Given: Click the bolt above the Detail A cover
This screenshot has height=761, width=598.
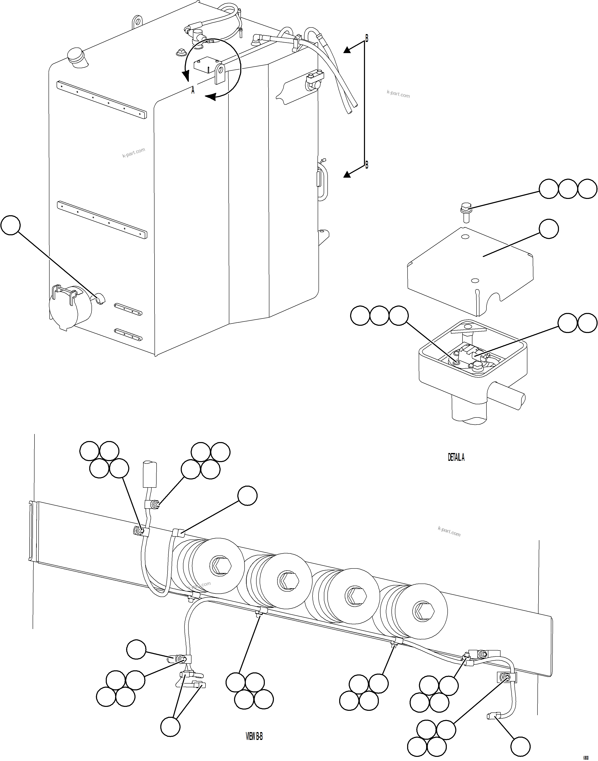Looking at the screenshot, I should [x=465, y=212].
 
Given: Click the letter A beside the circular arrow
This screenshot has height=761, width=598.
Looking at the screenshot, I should [x=193, y=91].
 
